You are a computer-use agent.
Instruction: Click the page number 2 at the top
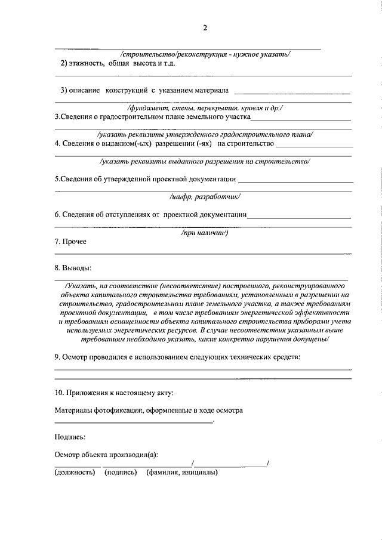click(x=204, y=27)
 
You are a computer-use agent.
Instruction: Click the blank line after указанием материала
click(x=292, y=93)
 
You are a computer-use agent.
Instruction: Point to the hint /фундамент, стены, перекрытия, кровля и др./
click(x=205, y=108)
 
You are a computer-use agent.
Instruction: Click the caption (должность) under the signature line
click(x=75, y=473)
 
